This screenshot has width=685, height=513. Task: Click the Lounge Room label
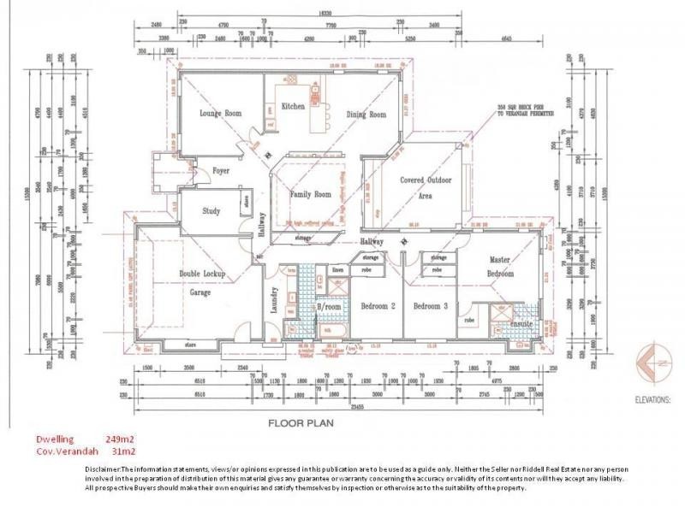coord(221,113)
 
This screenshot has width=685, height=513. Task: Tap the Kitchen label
coord(294,107)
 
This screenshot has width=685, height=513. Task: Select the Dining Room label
coord(366,114)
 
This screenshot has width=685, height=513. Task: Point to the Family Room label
coord(310,194)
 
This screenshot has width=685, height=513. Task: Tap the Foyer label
coord(221,170)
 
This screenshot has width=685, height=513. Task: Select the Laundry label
coord(275,303)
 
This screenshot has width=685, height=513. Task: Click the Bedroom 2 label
coord(378,305)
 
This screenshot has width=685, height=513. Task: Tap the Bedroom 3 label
coord(426,305)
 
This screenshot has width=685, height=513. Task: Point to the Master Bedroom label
coord(501,266)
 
